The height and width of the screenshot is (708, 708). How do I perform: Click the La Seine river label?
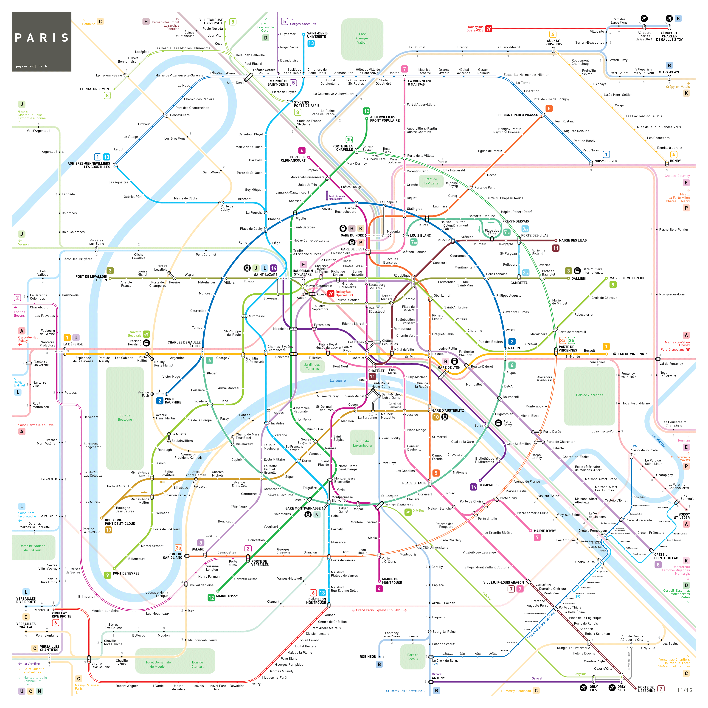(x=337, y=380)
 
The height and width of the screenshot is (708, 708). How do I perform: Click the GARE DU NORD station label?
(x=352, y=235)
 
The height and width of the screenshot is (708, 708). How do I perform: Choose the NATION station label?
(x=514, y=348)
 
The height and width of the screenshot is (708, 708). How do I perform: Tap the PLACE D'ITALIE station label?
(x=414, y=483)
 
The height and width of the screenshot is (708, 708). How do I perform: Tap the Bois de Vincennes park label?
(x=589, y=395)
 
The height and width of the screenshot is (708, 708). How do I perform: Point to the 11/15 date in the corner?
(x=684, y=690)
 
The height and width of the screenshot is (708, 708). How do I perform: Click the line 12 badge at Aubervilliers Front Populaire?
(x=366, y=111)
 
